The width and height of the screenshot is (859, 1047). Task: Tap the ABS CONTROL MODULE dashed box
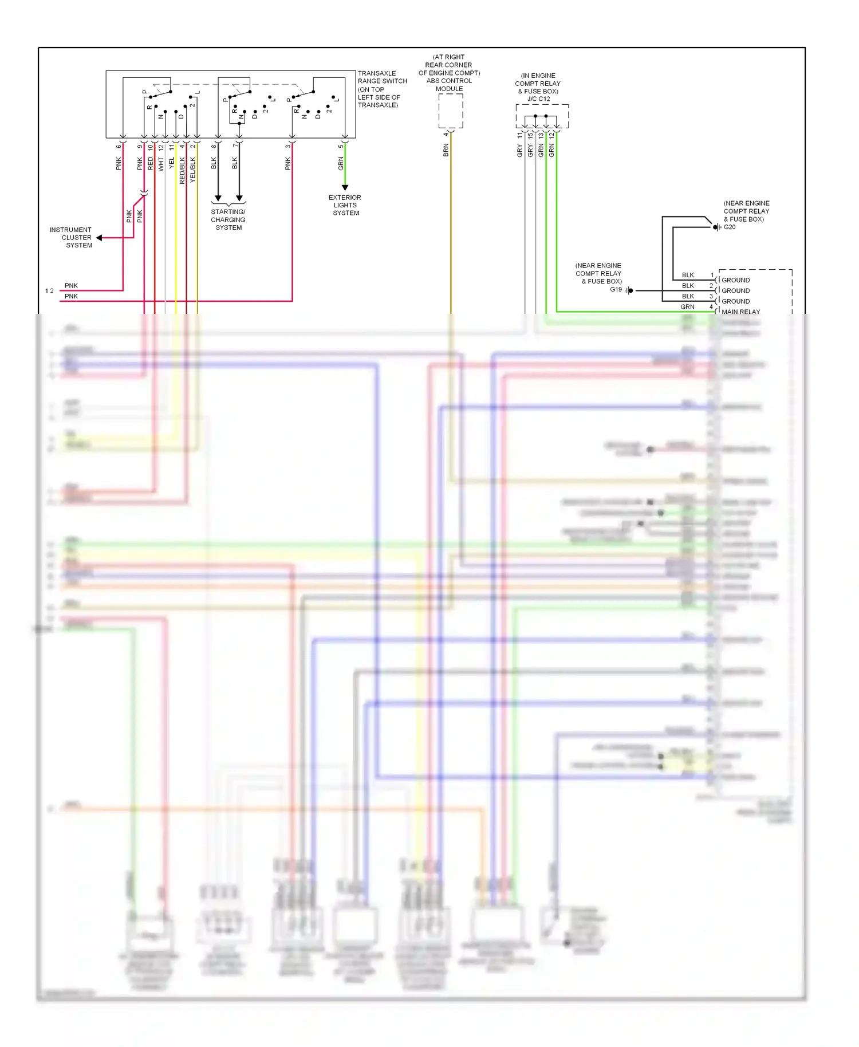pyautogui.click(x=451, y=111)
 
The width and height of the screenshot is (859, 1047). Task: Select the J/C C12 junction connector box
pyautogui.click(x=542, y=116)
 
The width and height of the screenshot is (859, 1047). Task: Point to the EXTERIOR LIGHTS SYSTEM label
pyautogui.click(x=345, y=205)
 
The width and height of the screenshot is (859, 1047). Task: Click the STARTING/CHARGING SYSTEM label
pyautogui.click(x=228, y=219)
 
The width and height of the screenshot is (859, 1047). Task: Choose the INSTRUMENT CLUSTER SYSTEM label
pyautogui.click(x=71, y=237)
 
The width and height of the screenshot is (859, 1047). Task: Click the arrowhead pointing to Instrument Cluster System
pyautogui.click(x=99, y=238)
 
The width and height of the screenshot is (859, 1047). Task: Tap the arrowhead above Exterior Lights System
pyautogui.click(x=345, y=187)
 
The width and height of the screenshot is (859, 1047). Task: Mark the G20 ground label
pyautogui.click(x=730, y=227)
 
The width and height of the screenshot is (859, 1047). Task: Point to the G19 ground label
pyautogui.click(x=616, y=290)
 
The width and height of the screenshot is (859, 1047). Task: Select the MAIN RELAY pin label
pyautogui.click(x=740, y=312)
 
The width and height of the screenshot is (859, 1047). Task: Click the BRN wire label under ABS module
pyautogui.click(x=446, y=151)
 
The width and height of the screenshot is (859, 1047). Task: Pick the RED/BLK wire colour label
pyautogui.click(x=182, y=171)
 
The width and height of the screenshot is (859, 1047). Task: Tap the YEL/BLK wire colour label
pyautogui.click(x=193, y=171)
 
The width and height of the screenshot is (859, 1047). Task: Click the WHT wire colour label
pyautogui.click(x=161, y=164)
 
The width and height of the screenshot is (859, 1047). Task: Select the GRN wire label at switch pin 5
pyautogui.click(x=341, y=163)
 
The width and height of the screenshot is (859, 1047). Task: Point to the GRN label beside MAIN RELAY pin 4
pyautogui.click(x=687, y=307)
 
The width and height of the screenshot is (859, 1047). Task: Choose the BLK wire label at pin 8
pyautogui.click(x=214, y=163)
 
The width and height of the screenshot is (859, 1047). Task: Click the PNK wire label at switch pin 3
pyautogui.click(x=288, y=164)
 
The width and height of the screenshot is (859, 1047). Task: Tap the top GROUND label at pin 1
pyautogui.click(x=735, y=280)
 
